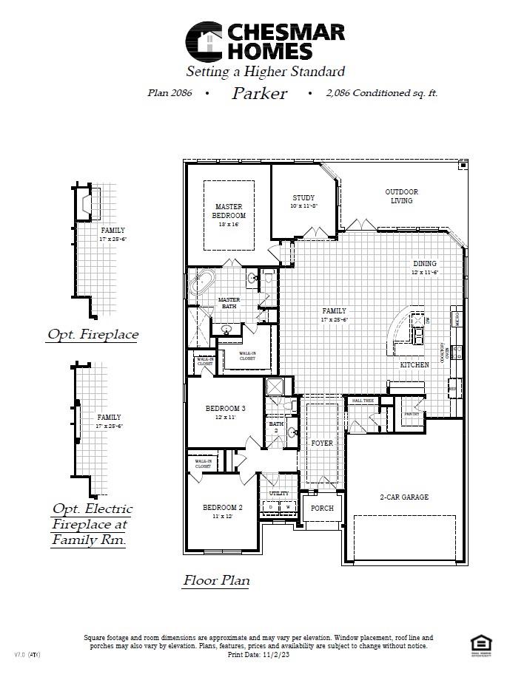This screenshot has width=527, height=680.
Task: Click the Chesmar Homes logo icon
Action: (x=204, y=41)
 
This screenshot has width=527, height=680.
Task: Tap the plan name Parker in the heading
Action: (x=259, y=93)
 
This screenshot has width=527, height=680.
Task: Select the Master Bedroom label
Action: (x=229, y=211)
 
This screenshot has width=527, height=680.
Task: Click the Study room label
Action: (x=303, y=198)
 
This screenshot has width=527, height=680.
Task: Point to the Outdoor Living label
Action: (x=401, y=196)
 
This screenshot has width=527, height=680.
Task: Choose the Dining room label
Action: (x=425, y=264)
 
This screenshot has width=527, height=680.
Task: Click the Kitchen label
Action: (x=414, y=365)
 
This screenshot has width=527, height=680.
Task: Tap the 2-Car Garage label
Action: (x=404, y=497)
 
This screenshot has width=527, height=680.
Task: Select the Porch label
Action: (x=322, y=509)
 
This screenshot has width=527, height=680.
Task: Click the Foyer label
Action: (x=322, y=443)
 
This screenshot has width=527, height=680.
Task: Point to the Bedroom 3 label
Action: (x=225, y=409)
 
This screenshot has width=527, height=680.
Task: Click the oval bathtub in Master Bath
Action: (x=202, y=282)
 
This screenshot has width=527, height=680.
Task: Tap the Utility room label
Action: (x=279, y=493)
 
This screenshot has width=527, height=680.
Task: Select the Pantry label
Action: (x=412, y=414)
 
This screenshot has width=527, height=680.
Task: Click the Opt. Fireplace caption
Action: (x=93, y=335)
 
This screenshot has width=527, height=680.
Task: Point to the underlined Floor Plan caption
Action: (x=216, y=580)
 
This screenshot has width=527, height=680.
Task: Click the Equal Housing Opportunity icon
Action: (x=477, y=642)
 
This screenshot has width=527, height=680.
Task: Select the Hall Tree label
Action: (x=363, y=401)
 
